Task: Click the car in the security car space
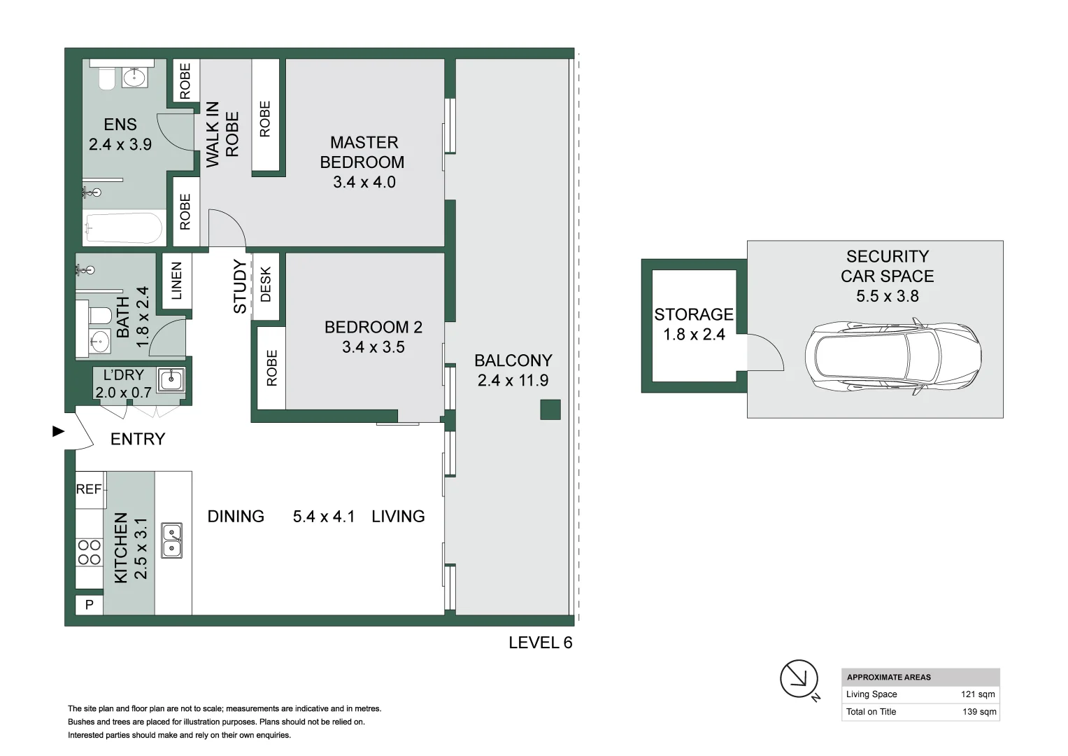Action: tap(892, 357)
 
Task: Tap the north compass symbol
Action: tap(799, 678)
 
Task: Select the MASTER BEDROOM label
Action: tap(363, 152)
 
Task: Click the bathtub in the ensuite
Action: tap(123, 228)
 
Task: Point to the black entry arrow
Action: tap(59, 431)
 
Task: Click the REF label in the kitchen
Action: tap(89, 489)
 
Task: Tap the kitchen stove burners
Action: tap(89, 552)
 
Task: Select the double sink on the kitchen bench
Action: tap(171, 540)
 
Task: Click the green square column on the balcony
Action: tap(550, 409)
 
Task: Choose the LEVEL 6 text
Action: tap(540, 643)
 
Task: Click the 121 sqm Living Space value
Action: tap(977, 694)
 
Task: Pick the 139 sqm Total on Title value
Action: tap(978, 712)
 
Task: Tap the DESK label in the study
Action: tap(265, 284)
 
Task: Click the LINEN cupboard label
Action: tap(176, 281)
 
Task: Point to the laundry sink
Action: tap(170, 380)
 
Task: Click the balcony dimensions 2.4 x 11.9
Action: tap(513, 380)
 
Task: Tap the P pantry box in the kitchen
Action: tap(89, 604)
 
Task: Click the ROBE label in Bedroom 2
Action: tap(271, 367)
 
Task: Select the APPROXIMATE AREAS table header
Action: tap(888, 677)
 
